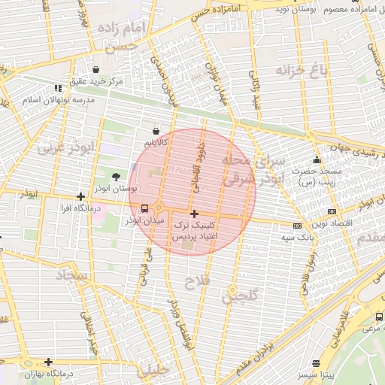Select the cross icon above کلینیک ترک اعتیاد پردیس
194,214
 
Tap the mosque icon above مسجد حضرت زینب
317,159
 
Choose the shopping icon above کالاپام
155,132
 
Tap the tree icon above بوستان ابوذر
114,176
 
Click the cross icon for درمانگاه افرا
80,196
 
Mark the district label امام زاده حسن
126,36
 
